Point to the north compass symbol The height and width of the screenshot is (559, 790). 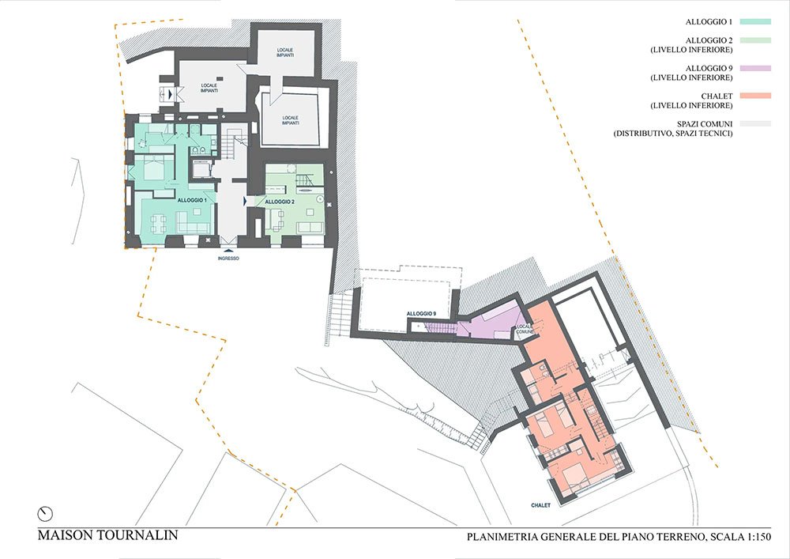click(45, 514)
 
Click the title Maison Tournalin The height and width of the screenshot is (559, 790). click(107, 534)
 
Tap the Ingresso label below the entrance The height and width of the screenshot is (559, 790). click(228, 259)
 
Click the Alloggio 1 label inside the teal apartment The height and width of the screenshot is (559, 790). click(192, 200)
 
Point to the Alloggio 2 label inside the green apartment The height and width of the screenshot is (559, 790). click(280, 202)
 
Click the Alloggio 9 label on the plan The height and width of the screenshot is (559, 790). click(421, 314)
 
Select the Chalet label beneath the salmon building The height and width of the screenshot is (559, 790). click(540, 505)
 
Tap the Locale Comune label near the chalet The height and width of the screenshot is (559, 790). click(525, 330)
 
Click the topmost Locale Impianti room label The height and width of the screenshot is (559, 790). click(284, 52)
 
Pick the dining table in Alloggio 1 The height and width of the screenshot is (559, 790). click(158, 223)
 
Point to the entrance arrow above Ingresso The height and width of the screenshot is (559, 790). click(228, 250)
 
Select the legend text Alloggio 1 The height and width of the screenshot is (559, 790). click(709, 22)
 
